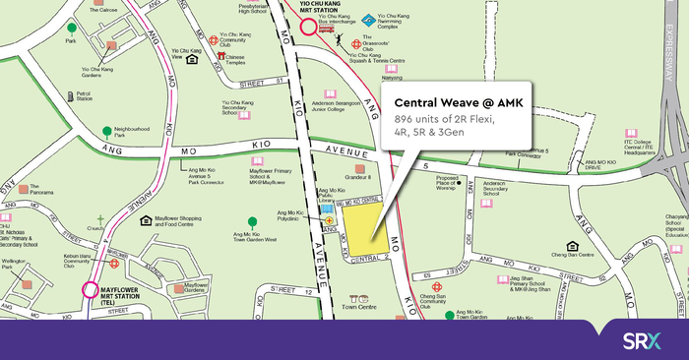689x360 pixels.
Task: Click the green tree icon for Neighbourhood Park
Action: click(x=106, y=130)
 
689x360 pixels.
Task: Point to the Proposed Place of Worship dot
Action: click(x=457, y=183)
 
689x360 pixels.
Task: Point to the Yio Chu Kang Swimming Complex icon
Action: click(x=367, y=19)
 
